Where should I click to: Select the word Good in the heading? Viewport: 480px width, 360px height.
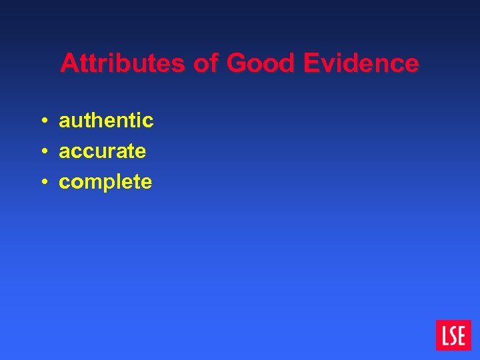(x=261, y=64)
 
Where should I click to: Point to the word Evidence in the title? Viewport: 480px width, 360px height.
(x=361, y=64)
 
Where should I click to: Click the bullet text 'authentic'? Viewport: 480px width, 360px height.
(x=106, y=121)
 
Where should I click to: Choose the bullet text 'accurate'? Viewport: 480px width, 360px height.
(x=102, y=151)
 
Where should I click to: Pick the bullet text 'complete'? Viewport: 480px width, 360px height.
(x=105, y=182)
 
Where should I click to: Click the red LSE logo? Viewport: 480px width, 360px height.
(x=453, y=335)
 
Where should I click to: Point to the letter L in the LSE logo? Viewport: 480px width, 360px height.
(x=443, y=335)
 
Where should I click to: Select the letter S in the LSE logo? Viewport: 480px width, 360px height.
(x=453, y=335)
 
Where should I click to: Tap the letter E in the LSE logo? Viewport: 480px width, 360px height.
(x=462, y=335)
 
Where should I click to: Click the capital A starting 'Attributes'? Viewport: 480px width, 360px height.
(x=68, y=64)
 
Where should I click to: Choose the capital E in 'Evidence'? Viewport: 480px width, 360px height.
(x=311, y=64)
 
